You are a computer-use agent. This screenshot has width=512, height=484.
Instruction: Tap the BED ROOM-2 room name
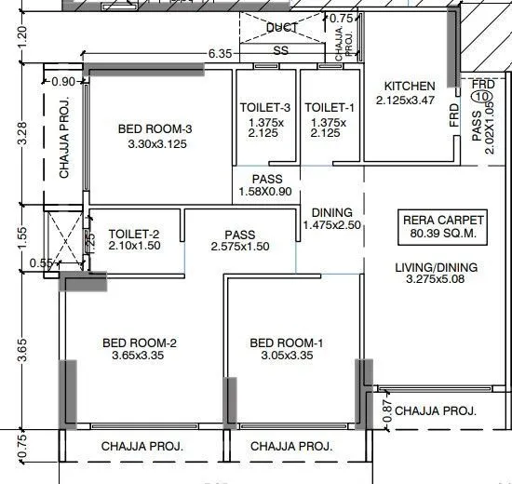coord(140,343)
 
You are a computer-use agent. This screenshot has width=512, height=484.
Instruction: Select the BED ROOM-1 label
coord(287,343)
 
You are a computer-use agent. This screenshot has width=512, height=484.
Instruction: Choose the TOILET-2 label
coord(136,234)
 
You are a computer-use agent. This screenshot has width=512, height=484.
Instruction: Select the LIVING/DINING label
coord(436,267)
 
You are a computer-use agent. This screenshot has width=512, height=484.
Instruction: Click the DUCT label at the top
coord(281,28)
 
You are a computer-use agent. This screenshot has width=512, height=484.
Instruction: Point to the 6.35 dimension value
coord(220,54)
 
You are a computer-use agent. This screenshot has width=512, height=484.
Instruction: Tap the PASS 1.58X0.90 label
coord(266,186)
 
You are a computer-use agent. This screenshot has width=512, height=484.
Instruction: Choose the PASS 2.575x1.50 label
coord(239,241)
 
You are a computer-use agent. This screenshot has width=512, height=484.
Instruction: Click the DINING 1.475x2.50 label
coord(331,219)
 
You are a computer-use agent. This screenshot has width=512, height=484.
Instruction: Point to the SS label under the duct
coord(280,51)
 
